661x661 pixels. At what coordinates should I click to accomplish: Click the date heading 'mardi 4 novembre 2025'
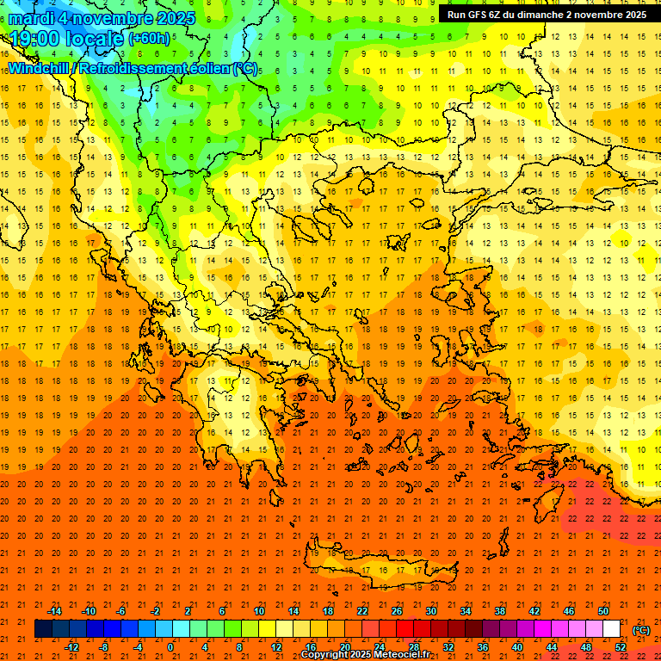point(102,18)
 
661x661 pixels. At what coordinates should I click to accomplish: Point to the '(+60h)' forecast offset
point(149,40)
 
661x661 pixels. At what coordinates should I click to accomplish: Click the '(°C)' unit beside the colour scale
point(641,630)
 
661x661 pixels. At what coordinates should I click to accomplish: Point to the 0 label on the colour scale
point(170,647)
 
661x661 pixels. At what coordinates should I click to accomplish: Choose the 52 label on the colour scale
point(621,647)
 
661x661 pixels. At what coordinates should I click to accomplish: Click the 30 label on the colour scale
point(430,611)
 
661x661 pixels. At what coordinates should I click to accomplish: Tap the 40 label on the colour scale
point(517,647)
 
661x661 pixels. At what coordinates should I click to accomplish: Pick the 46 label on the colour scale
point(569,611)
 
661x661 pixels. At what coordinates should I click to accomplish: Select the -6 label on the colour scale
point(121,611)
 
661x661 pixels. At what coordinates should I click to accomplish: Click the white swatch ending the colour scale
point(611,629)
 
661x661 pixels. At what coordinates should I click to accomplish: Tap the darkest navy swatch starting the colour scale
point(43,629)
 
